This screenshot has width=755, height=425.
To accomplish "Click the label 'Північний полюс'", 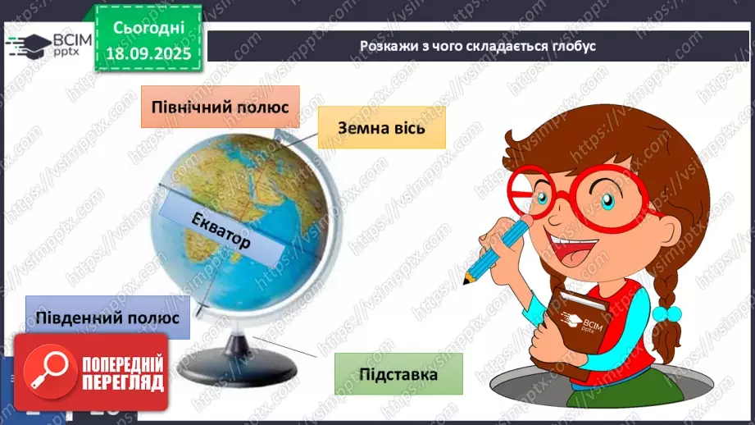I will [x=220, y=107].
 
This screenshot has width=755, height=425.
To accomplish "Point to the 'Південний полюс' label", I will [x=107, y=317].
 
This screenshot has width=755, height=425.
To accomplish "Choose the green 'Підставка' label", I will [x=398, y=374].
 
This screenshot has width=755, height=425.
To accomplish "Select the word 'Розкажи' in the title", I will [x=386, y=46].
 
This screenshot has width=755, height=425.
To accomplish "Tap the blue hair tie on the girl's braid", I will [x=671, y=314].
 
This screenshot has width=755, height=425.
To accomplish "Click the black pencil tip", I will [x=466, y=282].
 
